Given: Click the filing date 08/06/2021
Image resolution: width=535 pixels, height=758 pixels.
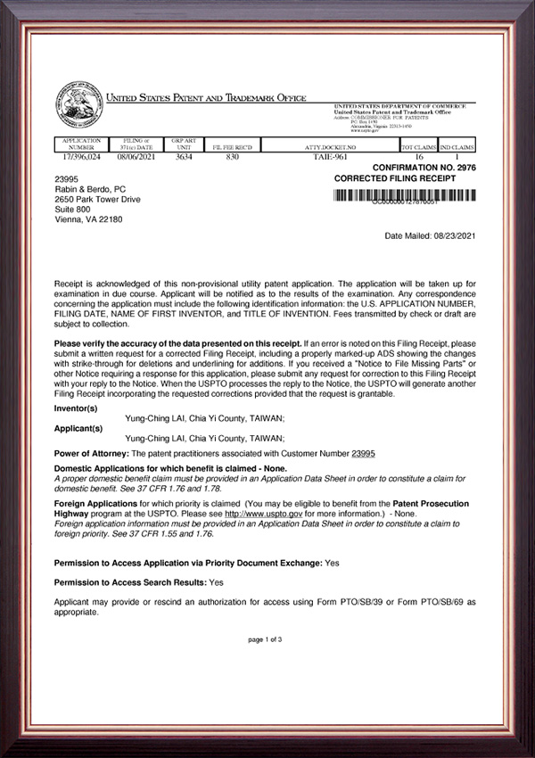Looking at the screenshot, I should [135, 155].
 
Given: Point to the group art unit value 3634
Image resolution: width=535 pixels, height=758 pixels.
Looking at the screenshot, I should [183, 155].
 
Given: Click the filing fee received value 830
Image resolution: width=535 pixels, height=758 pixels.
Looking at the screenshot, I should [234, 155].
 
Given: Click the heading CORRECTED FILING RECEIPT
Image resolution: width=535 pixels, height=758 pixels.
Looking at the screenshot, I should [394, 177].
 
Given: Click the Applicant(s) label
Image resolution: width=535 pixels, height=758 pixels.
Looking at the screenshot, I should [78, 428].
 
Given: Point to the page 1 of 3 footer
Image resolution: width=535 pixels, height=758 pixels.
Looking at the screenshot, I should [265, 639].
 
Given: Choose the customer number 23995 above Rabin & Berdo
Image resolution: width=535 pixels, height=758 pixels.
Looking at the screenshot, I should [68, 177].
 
